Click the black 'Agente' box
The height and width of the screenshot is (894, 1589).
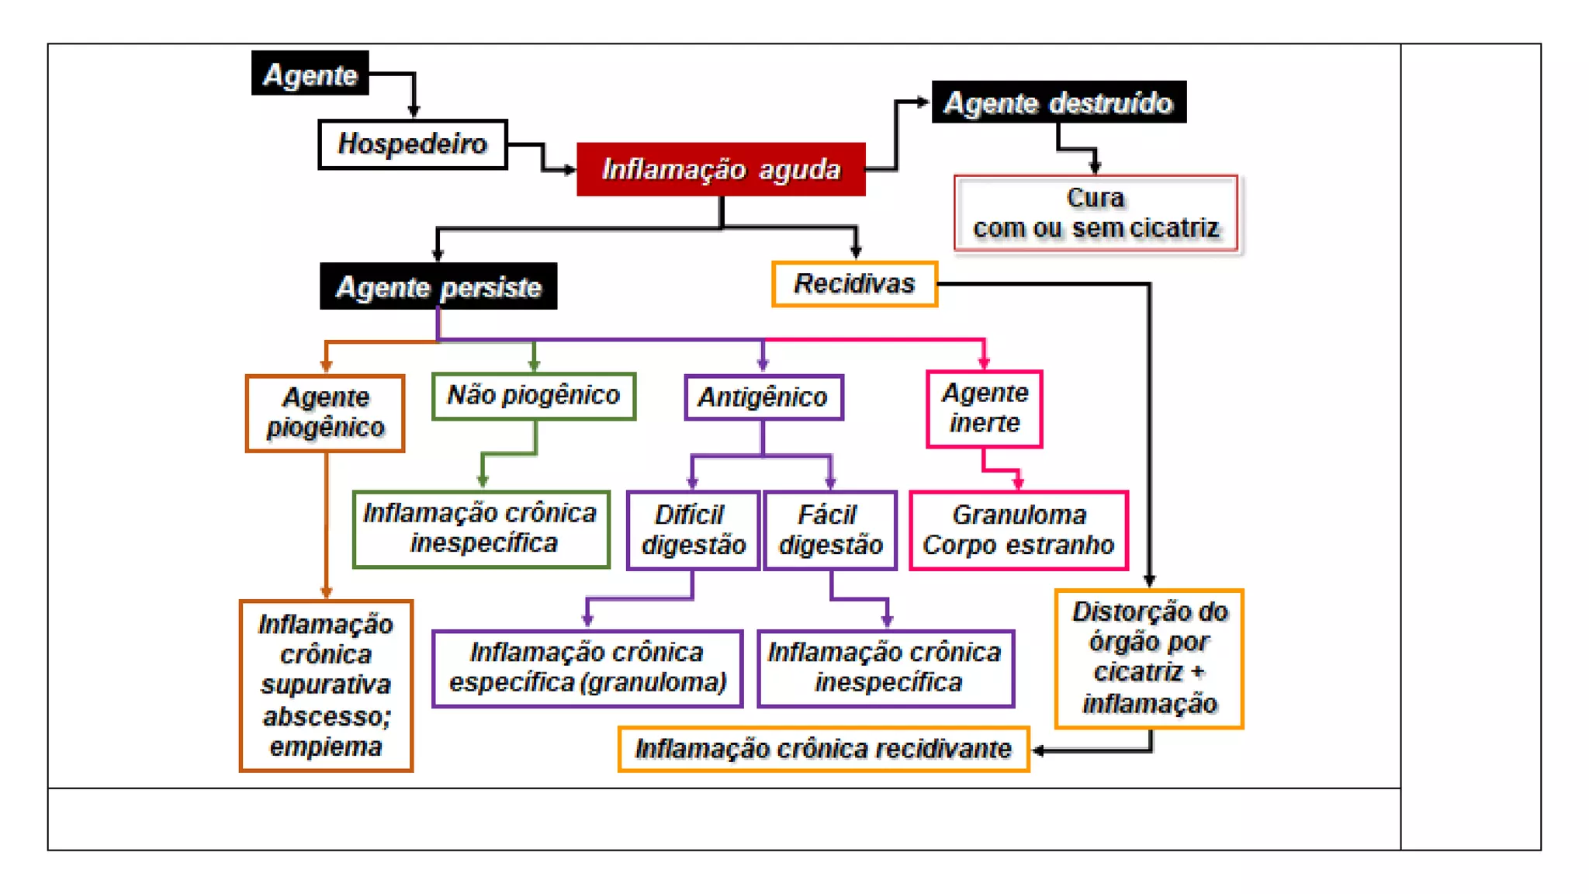point(310,74)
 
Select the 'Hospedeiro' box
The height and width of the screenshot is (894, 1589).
point(412,144)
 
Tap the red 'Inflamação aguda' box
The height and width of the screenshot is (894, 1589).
point(721,169)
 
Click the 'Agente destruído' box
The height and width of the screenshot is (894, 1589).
point(1058,102)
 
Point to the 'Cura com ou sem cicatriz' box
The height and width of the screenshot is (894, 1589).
point(1096,213)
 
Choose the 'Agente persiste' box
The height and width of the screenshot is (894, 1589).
point(438,286)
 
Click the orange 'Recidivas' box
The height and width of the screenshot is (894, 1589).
point(854,284)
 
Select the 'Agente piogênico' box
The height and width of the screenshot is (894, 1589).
point(325,413)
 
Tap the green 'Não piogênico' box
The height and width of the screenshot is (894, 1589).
point(534,396)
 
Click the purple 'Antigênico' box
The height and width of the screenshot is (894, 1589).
point(763,397)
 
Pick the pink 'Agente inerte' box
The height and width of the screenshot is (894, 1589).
point(985,409)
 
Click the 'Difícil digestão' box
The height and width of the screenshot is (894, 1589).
point(693,530)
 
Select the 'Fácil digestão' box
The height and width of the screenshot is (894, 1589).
point(830,530)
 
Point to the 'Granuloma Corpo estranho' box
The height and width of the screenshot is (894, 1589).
point(1019,530)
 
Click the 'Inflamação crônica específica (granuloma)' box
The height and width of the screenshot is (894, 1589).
point(587,668)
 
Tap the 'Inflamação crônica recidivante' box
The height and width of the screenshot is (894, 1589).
point(823,749)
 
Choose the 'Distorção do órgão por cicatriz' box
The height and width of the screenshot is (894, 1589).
point(1149,659)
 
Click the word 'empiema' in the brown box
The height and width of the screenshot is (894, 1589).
point(326,747)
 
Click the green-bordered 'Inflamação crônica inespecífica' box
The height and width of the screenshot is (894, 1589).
point(481,528)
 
